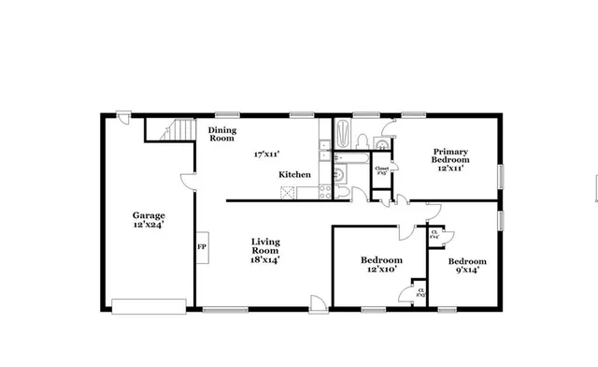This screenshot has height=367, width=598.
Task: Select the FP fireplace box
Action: [201, 247]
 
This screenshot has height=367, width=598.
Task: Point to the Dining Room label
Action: [221, 134]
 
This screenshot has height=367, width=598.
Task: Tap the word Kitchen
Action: [296, 175]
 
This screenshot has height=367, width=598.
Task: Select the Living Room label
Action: [265, 246]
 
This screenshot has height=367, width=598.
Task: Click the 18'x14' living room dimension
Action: [265, 260]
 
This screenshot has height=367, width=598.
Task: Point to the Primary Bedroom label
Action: [449, 155]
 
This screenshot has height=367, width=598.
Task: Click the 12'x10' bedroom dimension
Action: [381, 270]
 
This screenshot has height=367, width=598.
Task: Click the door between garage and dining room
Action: [190, 180]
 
